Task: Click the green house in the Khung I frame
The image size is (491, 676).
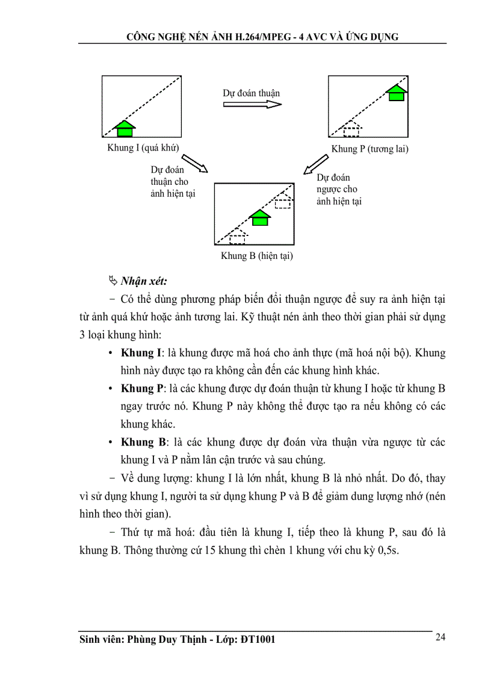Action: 125,128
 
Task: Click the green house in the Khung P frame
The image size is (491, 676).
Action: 396,93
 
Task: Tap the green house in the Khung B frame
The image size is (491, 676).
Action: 259,217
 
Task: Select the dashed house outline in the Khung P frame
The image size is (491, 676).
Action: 351,129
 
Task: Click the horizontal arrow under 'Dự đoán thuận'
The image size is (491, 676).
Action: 252,104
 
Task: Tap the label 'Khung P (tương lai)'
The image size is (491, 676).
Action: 369,149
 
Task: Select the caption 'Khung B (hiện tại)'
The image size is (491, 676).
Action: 256,256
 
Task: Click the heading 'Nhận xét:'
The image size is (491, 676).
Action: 144,281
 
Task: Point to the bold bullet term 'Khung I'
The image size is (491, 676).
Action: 140,353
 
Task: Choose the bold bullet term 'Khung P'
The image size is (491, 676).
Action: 140,388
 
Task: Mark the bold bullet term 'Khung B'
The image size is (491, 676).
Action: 141,442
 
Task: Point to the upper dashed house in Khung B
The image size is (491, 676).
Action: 283,201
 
